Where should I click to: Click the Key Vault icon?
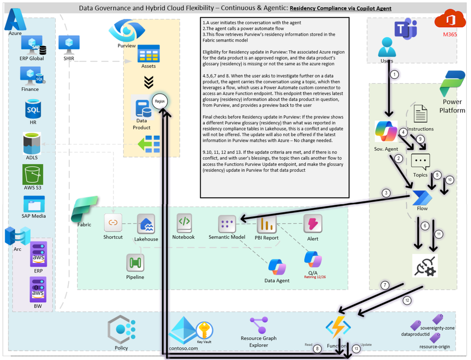tap(204, 330)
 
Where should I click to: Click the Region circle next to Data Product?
tap(160, 101)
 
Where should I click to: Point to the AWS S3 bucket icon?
tap(33, 175)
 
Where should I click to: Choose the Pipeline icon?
tap(135, 263)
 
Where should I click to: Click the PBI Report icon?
tap(267, 224)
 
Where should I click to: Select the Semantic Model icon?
tap(227, 224)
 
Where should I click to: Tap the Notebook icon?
tap(184, 222)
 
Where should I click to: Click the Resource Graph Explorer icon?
tap(259, 326)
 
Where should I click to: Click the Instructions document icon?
tap(420, 114)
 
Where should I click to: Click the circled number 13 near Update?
tap(356, 348)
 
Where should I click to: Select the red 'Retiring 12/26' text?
tap(315, 277)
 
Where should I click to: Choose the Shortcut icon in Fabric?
tap(113, 223)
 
